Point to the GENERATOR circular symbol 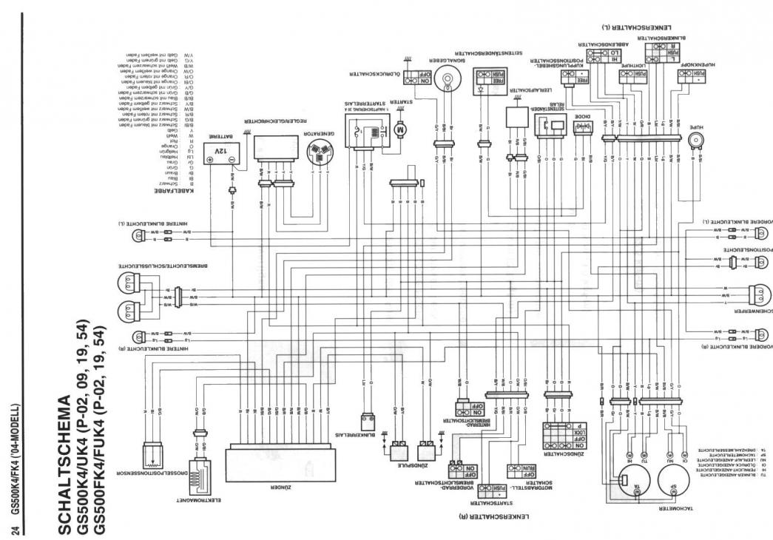(320, 153)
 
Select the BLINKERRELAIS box (365, 421)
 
